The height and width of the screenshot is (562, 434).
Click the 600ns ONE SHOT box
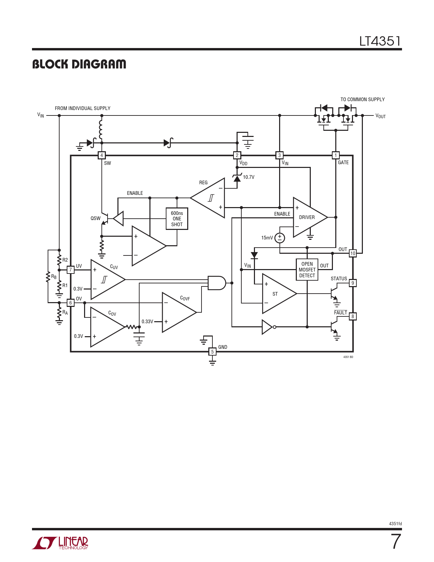point(177,219)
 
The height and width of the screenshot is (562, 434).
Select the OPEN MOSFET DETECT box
point(307,269)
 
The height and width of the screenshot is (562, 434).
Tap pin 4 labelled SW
point(101,155)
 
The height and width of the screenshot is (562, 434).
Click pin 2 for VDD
point(237,155)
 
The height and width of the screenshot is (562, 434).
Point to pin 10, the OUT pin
point(353,253)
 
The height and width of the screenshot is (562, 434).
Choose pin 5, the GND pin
point(212,352)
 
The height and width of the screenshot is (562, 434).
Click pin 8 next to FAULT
point(353,316)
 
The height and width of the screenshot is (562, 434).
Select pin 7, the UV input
point(70,270)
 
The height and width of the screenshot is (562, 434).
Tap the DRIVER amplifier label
point(307,217)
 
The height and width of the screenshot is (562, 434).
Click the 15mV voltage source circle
point(280,238)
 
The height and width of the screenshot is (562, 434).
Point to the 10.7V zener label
point(249,177)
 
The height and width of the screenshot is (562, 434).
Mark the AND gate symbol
point(216,283)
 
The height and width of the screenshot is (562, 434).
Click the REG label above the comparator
point(203,183)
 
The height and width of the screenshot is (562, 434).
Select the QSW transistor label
point(95,218)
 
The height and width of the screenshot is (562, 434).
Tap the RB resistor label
point(54,277)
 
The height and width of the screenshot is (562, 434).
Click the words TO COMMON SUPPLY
point(363,99)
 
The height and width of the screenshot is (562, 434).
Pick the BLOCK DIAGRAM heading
point(79,64)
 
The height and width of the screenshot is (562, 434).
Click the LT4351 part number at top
point(380,41)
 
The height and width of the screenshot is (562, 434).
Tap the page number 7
point(396,542)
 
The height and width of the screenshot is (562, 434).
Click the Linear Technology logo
point(60,543)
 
